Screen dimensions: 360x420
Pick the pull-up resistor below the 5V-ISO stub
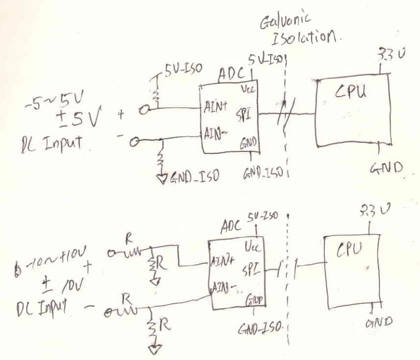pyautogui.click(x=156, y=94)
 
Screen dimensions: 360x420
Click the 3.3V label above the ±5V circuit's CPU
pyautogui.click(x=384, y=55)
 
